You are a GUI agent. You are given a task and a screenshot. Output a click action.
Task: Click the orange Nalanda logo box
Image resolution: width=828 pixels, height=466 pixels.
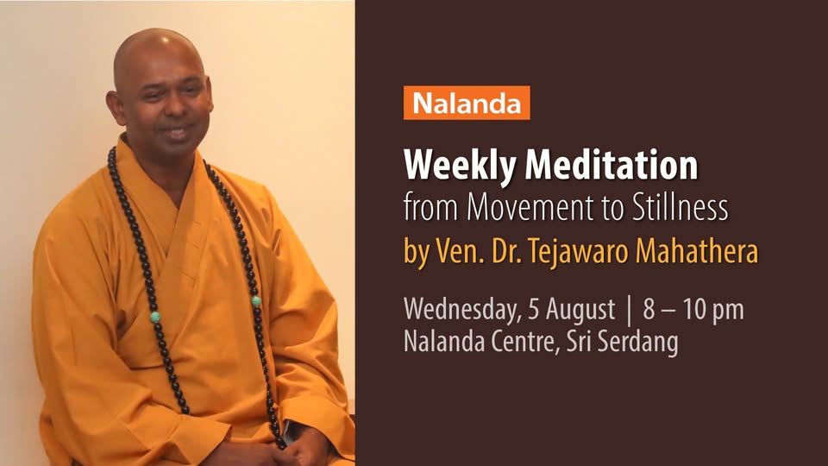click(467, 103)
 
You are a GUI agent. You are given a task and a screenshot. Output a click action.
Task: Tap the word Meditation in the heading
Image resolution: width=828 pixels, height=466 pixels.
click(611, 165)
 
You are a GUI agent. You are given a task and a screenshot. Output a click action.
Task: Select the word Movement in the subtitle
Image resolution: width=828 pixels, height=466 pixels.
click(530, 208)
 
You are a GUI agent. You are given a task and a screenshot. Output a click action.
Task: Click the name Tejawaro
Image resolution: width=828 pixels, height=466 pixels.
click(578, 251)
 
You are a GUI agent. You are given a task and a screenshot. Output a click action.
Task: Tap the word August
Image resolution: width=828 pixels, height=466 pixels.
click(580, 310)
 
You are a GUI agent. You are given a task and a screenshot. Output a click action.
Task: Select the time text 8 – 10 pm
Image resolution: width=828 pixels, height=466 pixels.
click(693, 310)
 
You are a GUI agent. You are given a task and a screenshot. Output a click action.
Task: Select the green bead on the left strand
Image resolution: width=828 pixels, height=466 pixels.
click(154, 317)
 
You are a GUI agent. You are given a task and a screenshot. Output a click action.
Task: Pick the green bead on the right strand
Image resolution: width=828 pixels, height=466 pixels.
click(256, 301)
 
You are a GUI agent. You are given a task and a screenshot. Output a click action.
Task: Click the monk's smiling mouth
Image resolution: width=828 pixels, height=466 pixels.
click(177, 131)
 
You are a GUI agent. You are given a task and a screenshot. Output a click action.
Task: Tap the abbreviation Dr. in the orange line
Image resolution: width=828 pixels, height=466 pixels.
click(507, 251)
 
